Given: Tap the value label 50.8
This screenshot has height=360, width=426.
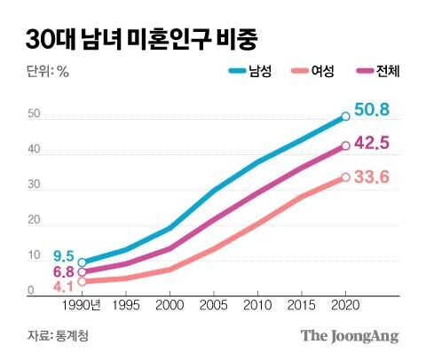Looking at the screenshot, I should point(372,112).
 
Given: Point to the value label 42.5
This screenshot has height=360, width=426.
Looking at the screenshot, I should point(372,144).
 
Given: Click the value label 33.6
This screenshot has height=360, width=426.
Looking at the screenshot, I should point(372,177).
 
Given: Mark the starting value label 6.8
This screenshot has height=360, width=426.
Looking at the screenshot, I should point(62,272).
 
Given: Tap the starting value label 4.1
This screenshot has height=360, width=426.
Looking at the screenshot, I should point(62,286).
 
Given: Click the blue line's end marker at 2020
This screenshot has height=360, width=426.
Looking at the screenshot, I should point(345,116).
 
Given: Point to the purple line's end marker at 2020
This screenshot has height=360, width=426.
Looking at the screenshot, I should point(345,145).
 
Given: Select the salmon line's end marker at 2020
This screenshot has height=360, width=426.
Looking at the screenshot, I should point(345,177).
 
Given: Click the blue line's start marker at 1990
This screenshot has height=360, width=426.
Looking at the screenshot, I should point(83,262).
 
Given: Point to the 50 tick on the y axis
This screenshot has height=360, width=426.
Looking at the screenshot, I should point(34,114).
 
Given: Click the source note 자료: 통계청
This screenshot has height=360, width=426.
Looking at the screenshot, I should point(58,336).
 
